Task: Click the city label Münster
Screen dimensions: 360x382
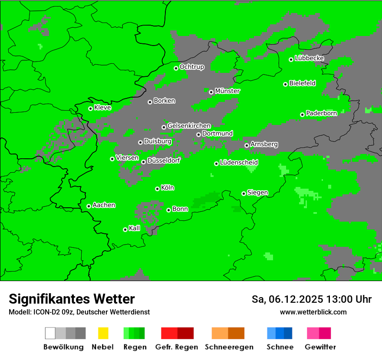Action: (227, 91)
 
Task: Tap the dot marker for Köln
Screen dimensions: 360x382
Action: (157, 189)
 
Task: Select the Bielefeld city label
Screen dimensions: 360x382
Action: (302, 83)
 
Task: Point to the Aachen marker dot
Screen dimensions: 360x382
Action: (89, 206)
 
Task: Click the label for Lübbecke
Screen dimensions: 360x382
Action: (309, 58)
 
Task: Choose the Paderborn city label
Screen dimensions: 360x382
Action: (321, 113)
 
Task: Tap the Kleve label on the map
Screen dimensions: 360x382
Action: (102, 108)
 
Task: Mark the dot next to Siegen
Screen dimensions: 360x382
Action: (244, 193)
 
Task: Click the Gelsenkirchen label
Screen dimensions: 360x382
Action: (189, 126)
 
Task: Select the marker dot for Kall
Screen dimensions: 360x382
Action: (125, 229)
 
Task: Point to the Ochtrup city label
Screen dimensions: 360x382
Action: (191, 67)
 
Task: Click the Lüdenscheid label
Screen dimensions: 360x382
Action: (239, 163)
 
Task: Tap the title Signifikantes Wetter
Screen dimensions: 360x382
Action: (72, 299)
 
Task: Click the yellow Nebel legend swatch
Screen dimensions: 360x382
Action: (103, 333)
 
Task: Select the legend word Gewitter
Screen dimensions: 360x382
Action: (320, 347)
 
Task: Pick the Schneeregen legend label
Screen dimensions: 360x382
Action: (229, 347)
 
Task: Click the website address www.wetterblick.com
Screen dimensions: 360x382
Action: (313, 312)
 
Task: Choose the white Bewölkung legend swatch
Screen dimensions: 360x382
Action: (50, 333)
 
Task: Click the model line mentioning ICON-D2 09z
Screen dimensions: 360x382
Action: (79, 312)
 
